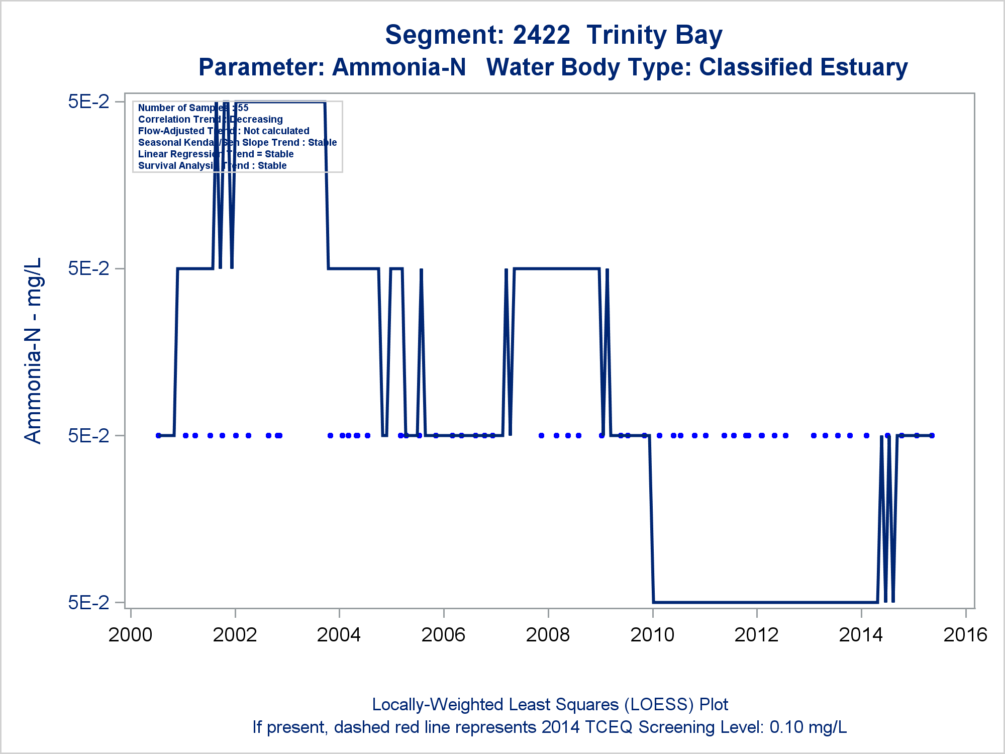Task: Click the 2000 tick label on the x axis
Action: pyautogui.click(x=130, y=635)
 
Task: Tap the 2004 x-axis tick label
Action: pyautogui.click(x=339, y=635)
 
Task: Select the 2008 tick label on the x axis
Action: pyautogui.click(x=548, y=635)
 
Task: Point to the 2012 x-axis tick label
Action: pyautogui.click(x=756, y=635)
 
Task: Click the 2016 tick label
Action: pyautogui.click(x=965, y=635)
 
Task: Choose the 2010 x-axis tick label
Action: pyautogui.click(x=652, y=635)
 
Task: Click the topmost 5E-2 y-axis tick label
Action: pyautogui.click(x=89, y=102)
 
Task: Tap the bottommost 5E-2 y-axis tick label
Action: pyautogui.click(x=89, y=602)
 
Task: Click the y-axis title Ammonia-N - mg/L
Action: pyautogui.click(x=33, y=350)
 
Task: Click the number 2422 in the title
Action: pyautogui.click(x=541, y=35)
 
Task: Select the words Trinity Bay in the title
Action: pyautogui.click(x=654, y=35)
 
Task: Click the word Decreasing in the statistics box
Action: pyautogui.click(x=256, y=120)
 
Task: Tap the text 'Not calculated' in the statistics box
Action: pyautogui.click(x=276, y=131)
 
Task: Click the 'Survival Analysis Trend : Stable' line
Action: pyautogui.click(x=212, y=166)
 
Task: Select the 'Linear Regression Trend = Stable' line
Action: pyautogui.click(x=216, y=154)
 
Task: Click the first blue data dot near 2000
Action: pyautogui.click(x=159, y=435)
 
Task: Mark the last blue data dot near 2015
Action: pyautogui.click(x=932, y=435)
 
